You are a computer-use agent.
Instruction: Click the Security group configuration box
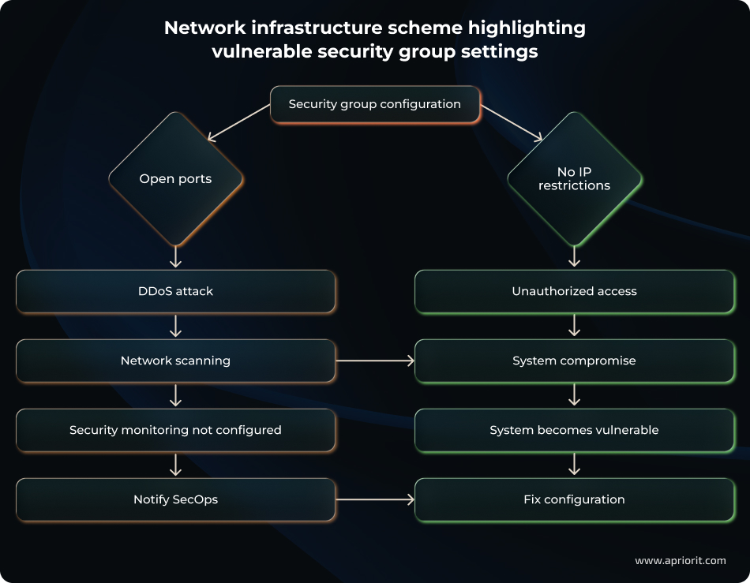coord(375,104)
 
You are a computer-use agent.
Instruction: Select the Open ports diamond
coord(175,179)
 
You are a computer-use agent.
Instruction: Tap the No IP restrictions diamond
coord(574,179)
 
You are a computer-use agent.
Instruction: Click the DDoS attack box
coord(175,291)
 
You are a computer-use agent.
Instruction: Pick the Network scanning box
coord(175,361)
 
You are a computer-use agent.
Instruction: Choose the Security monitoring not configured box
coord(175,430)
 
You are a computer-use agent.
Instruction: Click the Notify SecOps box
coord(175,499)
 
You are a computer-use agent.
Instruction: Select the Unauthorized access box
coord(574,291)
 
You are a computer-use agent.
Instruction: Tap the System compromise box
coord(574,361)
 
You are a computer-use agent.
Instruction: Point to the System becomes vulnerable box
coord(574,430)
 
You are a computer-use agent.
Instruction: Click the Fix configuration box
coord(574,499)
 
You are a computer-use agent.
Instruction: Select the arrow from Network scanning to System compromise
coord(375,361)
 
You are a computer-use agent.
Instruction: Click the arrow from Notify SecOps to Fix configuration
coord(375,499)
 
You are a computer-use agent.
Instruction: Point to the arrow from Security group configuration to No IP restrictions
coord(512,124)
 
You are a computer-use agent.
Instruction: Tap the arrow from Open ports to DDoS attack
coord(175,257)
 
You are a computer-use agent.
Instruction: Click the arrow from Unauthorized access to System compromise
coord(574,326)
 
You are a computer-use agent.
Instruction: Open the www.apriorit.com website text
coord(680,560)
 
